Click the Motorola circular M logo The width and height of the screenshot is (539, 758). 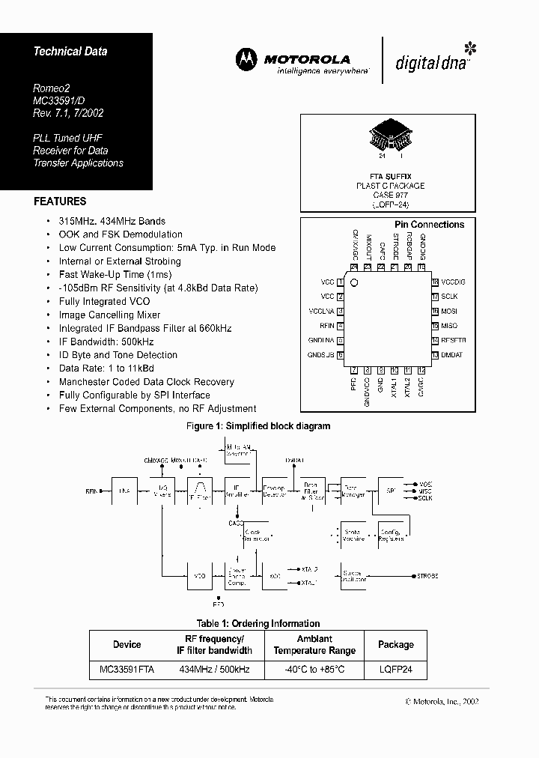coord(246,59)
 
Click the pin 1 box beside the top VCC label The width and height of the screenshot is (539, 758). coord(341,282)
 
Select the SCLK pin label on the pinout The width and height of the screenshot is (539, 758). coord(449,297)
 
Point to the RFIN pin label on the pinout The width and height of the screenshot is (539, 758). coord(326,326)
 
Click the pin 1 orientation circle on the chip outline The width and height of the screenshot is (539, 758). coord(356,283)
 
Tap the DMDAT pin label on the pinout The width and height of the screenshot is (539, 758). coord(452,354)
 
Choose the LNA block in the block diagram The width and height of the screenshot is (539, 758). coord(124,491)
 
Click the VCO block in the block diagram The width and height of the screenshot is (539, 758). coord(199,577)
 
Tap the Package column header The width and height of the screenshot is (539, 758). coord(395,644)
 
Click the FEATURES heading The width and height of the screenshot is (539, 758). coord(60,201)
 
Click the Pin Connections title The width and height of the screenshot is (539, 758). coord(429,225)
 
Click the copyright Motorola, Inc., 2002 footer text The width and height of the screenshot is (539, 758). coord(442,702)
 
